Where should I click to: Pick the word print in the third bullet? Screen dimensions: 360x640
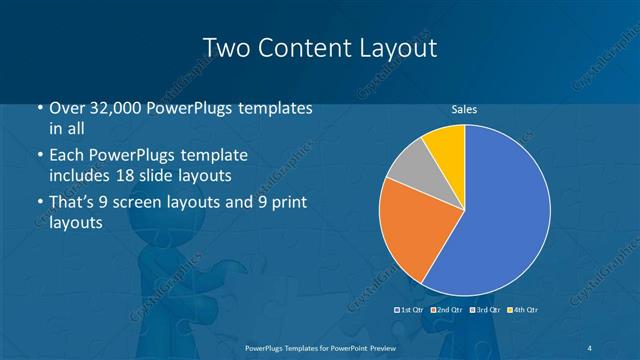[284, 203]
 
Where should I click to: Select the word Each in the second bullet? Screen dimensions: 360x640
[67, 156]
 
